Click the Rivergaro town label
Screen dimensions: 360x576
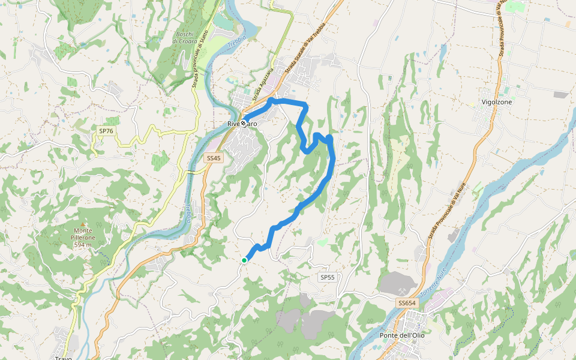[x=242, y=124]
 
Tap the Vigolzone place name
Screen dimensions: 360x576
[x=497, y=102]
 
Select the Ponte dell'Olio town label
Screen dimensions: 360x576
[x=402, y=335]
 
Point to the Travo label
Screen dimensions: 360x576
[x=63, y=358]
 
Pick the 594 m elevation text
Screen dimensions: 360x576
[x=83, y=245]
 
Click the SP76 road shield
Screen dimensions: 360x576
[x=106, y=130]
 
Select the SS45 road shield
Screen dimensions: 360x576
[x=213, y=158]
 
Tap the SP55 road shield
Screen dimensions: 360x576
[x=327, y=277]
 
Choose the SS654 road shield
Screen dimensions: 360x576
[x=407, y=304]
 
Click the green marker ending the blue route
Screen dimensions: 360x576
[x=244, y=260]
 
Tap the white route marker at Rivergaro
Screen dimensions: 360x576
[x=244, y=124]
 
